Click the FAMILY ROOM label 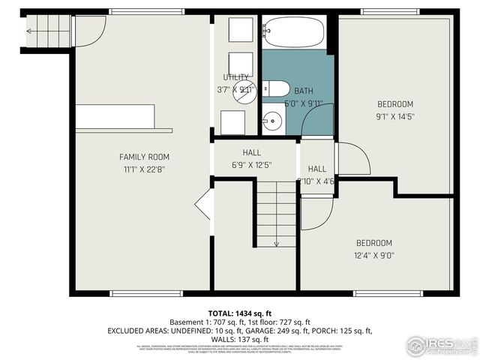pyautogui.click(x=144, y=157)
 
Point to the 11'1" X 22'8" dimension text pyautogui.click(x=144, y=169)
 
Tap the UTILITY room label pyautogui.click(x=235, y=77)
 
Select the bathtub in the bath pyautogui.click(x=293, y=32)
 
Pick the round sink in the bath pyautogui.click(x=271, y=119)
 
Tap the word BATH pyautogui.click(x=304, y=91)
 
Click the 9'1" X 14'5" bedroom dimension pyautogui.click(x=394, y=116)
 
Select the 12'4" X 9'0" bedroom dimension pyautogui.click(x=373, y=255)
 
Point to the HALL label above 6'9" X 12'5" pyautogui.click(x=251, y=152)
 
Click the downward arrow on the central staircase pyautogui.click(x=276, y=241)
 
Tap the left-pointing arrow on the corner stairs pyautogui.click(x=29, y=31)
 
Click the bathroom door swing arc pyautogui.click(x=319, y=120)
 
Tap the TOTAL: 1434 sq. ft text pyautogui.click(x=239, y=313)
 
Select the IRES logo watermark pyautogui.click(x=441, y=345)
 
